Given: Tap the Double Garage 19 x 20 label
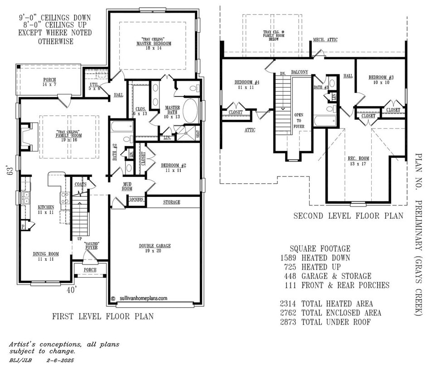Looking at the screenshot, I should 155,248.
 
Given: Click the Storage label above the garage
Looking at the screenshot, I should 171,202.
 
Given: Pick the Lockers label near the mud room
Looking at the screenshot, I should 136,199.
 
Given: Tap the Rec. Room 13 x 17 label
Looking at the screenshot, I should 358,161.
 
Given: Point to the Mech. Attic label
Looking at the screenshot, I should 325,40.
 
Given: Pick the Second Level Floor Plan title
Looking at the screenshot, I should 348,216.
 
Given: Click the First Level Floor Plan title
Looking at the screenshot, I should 102,316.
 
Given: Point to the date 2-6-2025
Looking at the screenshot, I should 60,360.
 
